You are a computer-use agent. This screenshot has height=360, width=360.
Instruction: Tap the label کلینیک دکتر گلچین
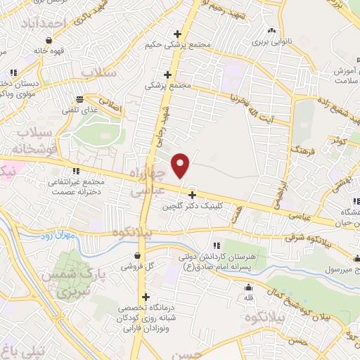point(192,207)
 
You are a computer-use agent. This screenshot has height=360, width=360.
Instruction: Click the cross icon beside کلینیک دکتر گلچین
point(192,195)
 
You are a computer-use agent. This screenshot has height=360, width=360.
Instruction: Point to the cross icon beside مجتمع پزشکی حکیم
point(178,33)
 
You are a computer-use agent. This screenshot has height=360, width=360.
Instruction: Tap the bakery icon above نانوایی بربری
point(271,30)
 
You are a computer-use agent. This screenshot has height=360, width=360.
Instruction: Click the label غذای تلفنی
point(80,111)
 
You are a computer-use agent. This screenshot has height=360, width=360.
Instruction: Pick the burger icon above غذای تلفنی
point(79,99)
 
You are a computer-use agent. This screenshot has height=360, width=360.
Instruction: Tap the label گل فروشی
point(136,267)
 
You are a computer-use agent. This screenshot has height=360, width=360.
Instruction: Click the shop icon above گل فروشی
point(136,255)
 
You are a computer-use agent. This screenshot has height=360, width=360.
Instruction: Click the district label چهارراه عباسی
point(150,182)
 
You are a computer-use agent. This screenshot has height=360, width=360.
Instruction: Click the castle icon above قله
point(247,287)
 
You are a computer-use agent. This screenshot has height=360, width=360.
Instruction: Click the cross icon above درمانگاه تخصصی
point(146,297)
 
